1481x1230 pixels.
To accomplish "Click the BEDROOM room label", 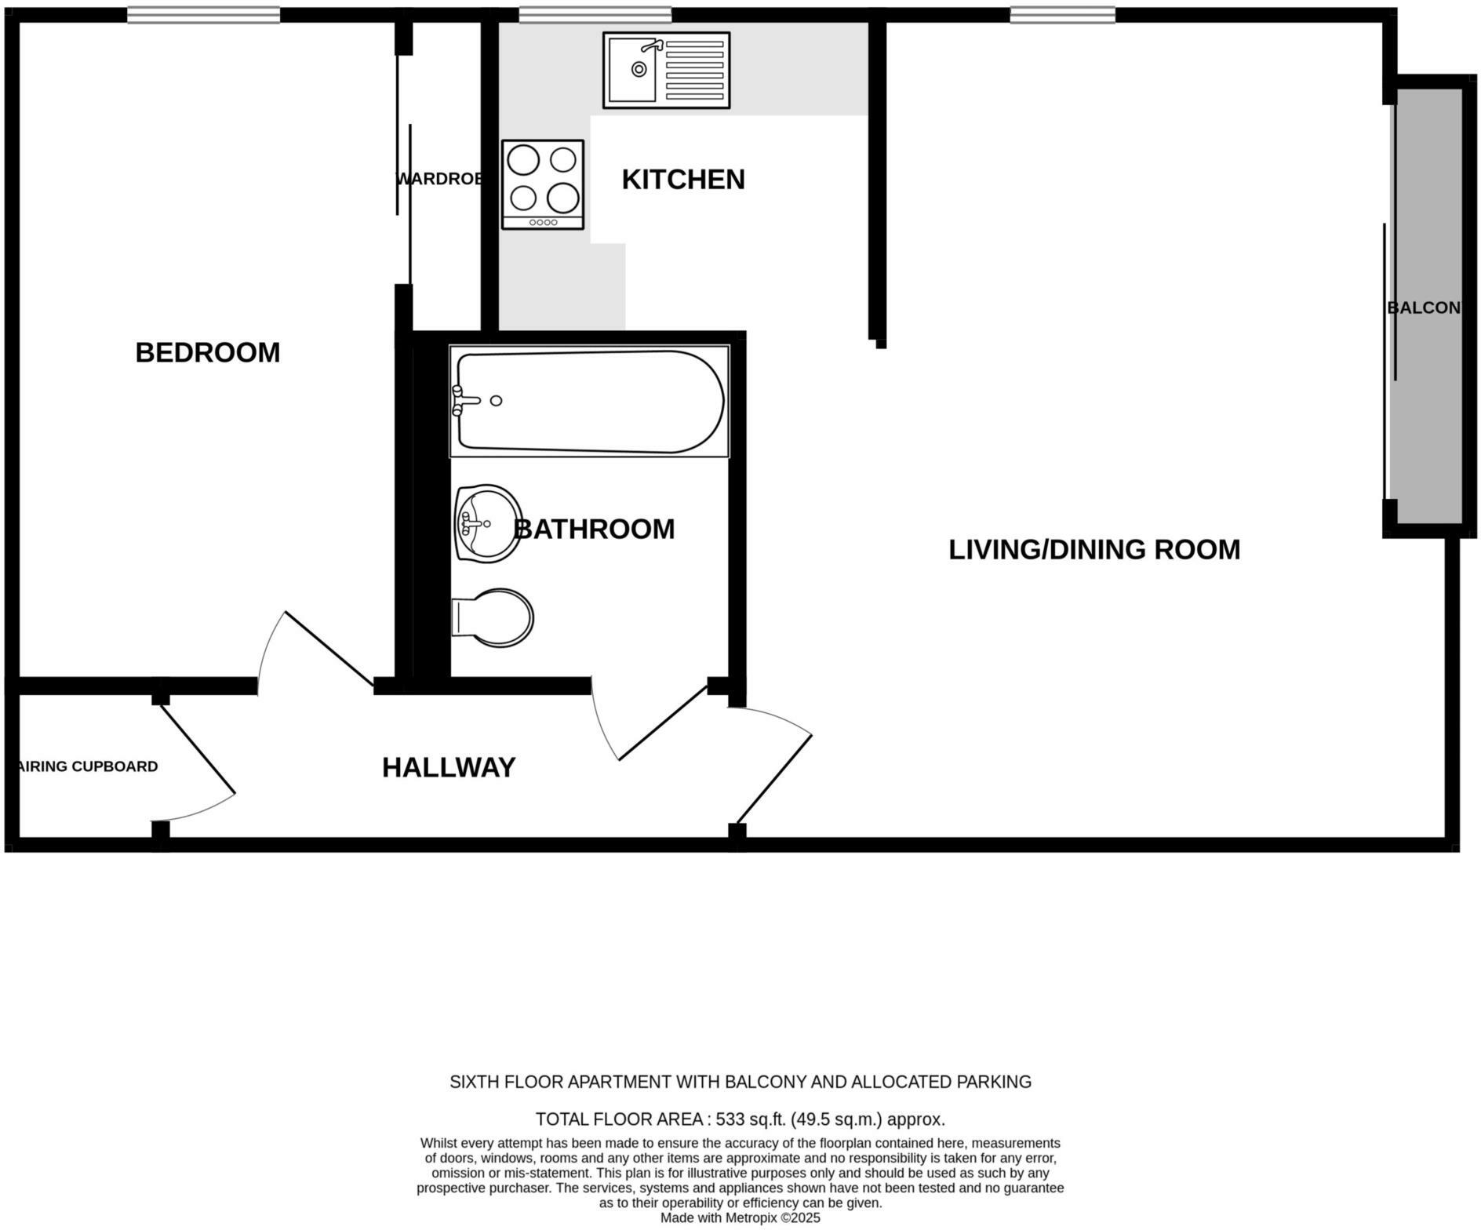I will point(207,352).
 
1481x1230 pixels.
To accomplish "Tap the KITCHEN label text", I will point(682,180).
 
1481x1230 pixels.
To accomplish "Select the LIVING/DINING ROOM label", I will point(1093,549).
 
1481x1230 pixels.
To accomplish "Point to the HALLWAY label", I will point(449,767).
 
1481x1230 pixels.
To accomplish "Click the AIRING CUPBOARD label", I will point(88,766).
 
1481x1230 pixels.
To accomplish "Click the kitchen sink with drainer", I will point(666,70).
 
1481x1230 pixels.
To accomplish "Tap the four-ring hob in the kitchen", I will point(543,184).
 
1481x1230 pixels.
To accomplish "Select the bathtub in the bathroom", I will point(589,401).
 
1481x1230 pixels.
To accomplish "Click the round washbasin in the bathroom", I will point(487,523).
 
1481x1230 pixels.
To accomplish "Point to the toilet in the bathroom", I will point(493,617).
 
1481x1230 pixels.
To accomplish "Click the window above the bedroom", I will point(203,15).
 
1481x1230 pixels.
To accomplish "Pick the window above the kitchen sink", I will point(595,15).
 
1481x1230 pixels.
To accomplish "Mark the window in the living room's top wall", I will point(1062,15).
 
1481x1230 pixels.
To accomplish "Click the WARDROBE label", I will point(438,179).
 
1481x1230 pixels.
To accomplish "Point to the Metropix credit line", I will point(740,1217).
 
